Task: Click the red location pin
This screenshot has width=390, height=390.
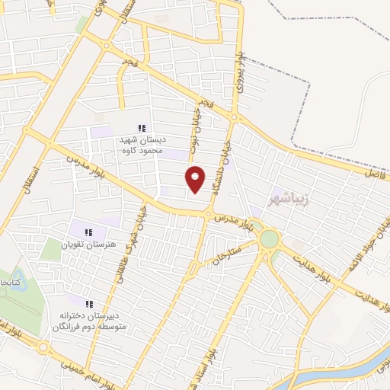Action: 196,179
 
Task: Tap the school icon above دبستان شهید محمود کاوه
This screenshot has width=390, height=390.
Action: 140,128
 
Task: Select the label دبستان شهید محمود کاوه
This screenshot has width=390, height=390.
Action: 140,145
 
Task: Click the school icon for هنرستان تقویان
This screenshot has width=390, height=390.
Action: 88,232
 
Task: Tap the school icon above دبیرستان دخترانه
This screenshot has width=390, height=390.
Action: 89,303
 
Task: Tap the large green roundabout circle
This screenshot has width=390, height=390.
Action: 269,238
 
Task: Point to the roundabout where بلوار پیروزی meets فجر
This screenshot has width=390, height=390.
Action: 235,117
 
